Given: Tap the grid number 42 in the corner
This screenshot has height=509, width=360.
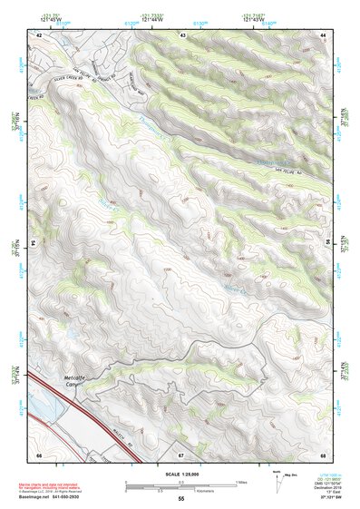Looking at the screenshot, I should (x=39, y=34).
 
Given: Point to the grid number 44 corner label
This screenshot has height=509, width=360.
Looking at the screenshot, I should (x=323, y=34).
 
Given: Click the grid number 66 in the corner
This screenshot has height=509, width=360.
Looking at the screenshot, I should (x=39, y=455).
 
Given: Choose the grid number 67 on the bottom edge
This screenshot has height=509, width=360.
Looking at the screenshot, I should (x=181, y=455).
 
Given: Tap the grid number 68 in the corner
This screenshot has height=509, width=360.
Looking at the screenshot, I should (x=323, y=455).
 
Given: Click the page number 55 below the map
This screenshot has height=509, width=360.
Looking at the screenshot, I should (x=181, y=499).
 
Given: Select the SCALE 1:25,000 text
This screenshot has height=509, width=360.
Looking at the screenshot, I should (x=181, y=475).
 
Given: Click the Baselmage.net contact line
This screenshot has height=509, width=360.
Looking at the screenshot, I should (x=66, y=497).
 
